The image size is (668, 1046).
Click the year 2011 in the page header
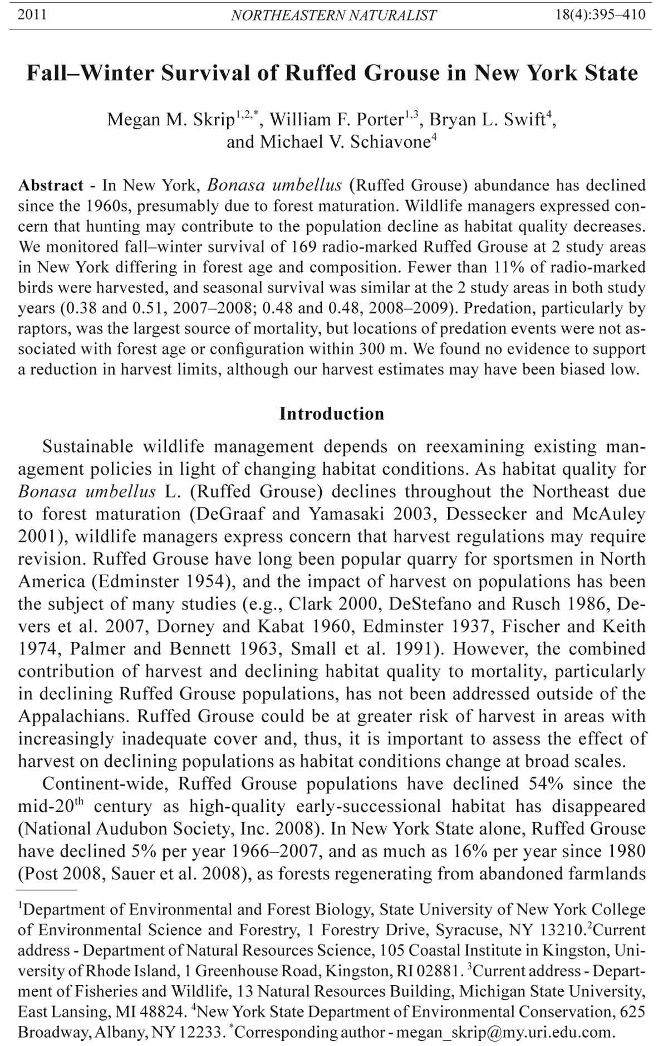[32, 15]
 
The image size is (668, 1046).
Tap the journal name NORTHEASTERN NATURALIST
[333, 16]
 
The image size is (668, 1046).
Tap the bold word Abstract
[51, 185]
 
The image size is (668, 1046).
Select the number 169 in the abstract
[269, 247]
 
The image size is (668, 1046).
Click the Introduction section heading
[332, 414]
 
